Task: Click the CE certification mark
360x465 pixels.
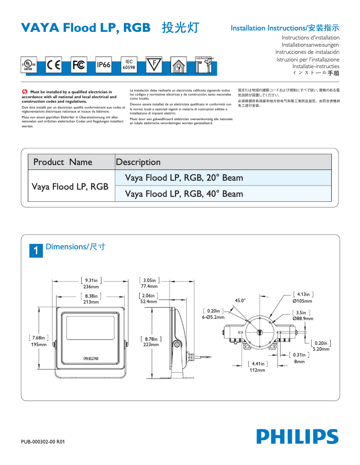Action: [x=54, y=65]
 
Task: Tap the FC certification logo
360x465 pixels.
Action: [x=79, y=65]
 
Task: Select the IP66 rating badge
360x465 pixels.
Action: [x=104, y=65]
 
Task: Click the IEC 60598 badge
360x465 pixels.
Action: [x=129, y=65]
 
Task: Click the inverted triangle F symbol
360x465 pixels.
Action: [x=154, y=65]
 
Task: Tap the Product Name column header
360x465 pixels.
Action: [x=63, y=162]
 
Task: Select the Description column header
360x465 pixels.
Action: [x=138, y=162]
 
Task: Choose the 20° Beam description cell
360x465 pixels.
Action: [x=184, y=178]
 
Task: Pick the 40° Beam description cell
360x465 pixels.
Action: [x=184, y=194]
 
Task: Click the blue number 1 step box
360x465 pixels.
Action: [x=36, y=250]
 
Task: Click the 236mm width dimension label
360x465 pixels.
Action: [x=91, y=287]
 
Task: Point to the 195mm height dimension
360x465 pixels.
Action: [x=38, y=344]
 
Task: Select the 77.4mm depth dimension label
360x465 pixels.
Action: [x=149, y=286]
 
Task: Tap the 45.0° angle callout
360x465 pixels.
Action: [x=240, y=300]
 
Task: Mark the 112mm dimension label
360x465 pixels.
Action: [x=257, y=370]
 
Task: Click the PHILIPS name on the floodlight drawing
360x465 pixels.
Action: [x=91, y=358]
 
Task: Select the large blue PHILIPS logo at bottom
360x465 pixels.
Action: [x=297, y=436]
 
